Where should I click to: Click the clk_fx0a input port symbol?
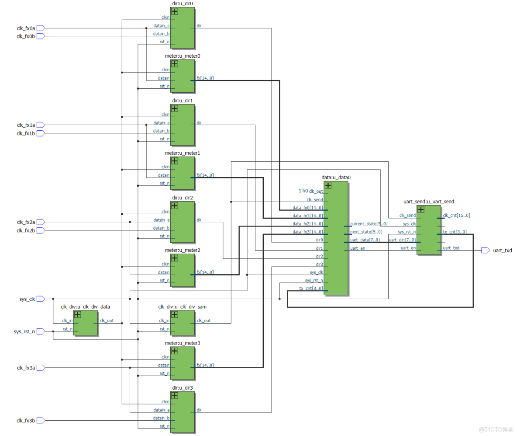41,28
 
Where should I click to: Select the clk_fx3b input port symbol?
41,420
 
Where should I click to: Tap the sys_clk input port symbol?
41,299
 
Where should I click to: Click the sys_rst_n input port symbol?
41,331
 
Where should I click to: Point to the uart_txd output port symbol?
485,250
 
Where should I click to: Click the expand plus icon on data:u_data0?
328,185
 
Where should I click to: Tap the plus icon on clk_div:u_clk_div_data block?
78,314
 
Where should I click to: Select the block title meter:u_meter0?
183,56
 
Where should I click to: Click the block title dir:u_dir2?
183,198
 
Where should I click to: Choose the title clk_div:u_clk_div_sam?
183,307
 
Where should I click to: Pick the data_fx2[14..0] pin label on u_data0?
308,224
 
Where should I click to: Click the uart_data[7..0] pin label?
365,240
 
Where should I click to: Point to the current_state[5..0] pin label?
369,224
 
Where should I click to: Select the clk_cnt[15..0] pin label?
456,215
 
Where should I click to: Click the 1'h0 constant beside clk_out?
303,192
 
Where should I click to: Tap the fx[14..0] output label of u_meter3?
205,365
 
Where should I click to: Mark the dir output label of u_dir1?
199,123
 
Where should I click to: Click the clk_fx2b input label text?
25,230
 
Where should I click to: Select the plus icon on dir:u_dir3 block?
174,395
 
